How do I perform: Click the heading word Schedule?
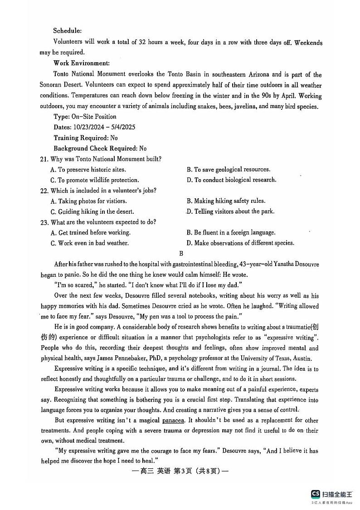67,31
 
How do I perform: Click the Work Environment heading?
81,64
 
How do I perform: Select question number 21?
44,159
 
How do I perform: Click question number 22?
44,191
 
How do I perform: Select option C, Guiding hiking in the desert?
92,212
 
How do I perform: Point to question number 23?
44,222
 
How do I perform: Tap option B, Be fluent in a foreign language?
231,233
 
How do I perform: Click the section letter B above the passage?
181,254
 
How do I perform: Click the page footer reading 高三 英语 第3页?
180,471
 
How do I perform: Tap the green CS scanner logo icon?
315,494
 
